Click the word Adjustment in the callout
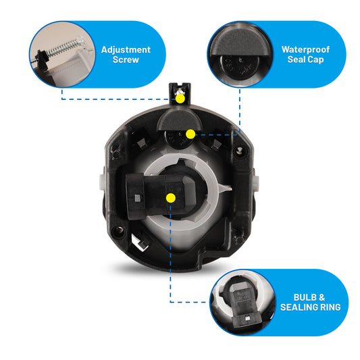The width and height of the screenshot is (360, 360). point(126,49)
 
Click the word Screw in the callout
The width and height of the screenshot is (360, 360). point(126,59)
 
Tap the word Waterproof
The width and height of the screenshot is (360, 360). point(305,49)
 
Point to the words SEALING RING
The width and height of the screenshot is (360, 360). point(311,307)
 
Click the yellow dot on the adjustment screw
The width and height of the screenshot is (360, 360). point(180,99)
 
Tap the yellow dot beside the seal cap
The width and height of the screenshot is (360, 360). point(190,134)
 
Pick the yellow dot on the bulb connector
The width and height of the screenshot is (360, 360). point(171,198)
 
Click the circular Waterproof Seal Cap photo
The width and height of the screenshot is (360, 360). point(240,55)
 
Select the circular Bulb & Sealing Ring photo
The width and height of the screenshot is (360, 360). point(242,303)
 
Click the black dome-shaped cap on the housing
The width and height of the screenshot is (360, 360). point(179,120)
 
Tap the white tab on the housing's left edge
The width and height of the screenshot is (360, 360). point(103,182)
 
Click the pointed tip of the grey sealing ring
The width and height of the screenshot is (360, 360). point(231,188)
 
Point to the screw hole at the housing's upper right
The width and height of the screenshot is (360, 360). point(239,151)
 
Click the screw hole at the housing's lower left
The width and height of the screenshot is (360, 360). point(118,230)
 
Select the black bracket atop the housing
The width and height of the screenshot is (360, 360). point(180,94)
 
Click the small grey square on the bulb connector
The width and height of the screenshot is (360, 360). point(137,198)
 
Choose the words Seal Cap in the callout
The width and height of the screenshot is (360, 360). point(305,59)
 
